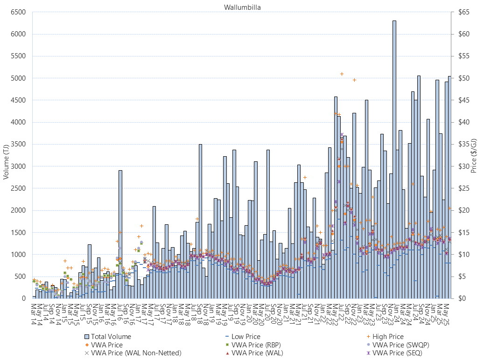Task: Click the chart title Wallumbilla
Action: pos(239,7)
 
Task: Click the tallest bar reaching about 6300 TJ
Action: pos(394,159)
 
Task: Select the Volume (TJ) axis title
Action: pos(7,155)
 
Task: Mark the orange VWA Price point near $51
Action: pos(342,74)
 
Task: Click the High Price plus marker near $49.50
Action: pos(354,80)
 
